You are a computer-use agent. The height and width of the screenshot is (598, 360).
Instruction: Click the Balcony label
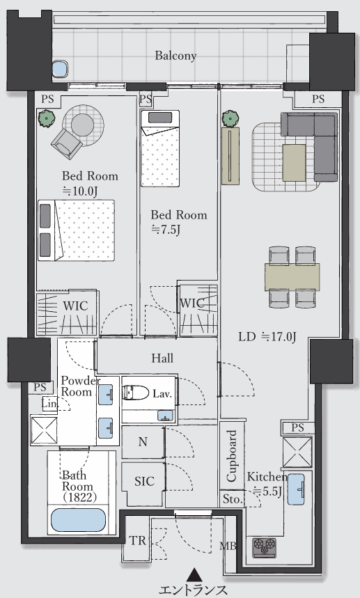[175, 56]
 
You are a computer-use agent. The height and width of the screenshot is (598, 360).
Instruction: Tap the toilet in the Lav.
[136, 393]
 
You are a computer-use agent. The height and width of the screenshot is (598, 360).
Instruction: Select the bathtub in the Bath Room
[78, 520]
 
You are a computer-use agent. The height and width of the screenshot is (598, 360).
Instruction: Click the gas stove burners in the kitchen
[265, 547]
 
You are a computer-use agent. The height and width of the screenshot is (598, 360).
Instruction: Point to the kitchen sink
[296, 489]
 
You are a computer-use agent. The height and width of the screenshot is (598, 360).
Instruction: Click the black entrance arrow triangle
[194, 574]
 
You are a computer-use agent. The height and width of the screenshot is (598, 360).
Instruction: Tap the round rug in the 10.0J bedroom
[83, 125]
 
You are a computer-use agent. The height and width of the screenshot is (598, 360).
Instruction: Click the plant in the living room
[230, 118]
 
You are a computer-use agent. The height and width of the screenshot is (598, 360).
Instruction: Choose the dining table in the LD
[292, 277]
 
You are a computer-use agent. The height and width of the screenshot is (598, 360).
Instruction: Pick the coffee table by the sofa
[294, 163]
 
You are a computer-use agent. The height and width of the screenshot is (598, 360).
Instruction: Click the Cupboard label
[231, 456]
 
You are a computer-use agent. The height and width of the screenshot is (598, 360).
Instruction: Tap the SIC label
[145, 481]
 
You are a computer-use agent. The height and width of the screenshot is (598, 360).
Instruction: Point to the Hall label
[162, 358]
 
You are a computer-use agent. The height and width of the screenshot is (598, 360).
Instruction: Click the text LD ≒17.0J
[267, 337]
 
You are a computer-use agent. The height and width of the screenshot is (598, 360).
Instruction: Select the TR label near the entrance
[137, 540]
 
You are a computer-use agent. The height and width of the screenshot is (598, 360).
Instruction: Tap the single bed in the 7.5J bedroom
[160, 149]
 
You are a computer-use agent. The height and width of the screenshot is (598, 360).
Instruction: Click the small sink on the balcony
[59, 69]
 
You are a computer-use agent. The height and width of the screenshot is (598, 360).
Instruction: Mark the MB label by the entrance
[228, 546]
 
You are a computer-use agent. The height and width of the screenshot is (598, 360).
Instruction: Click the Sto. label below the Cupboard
[233, 499]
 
